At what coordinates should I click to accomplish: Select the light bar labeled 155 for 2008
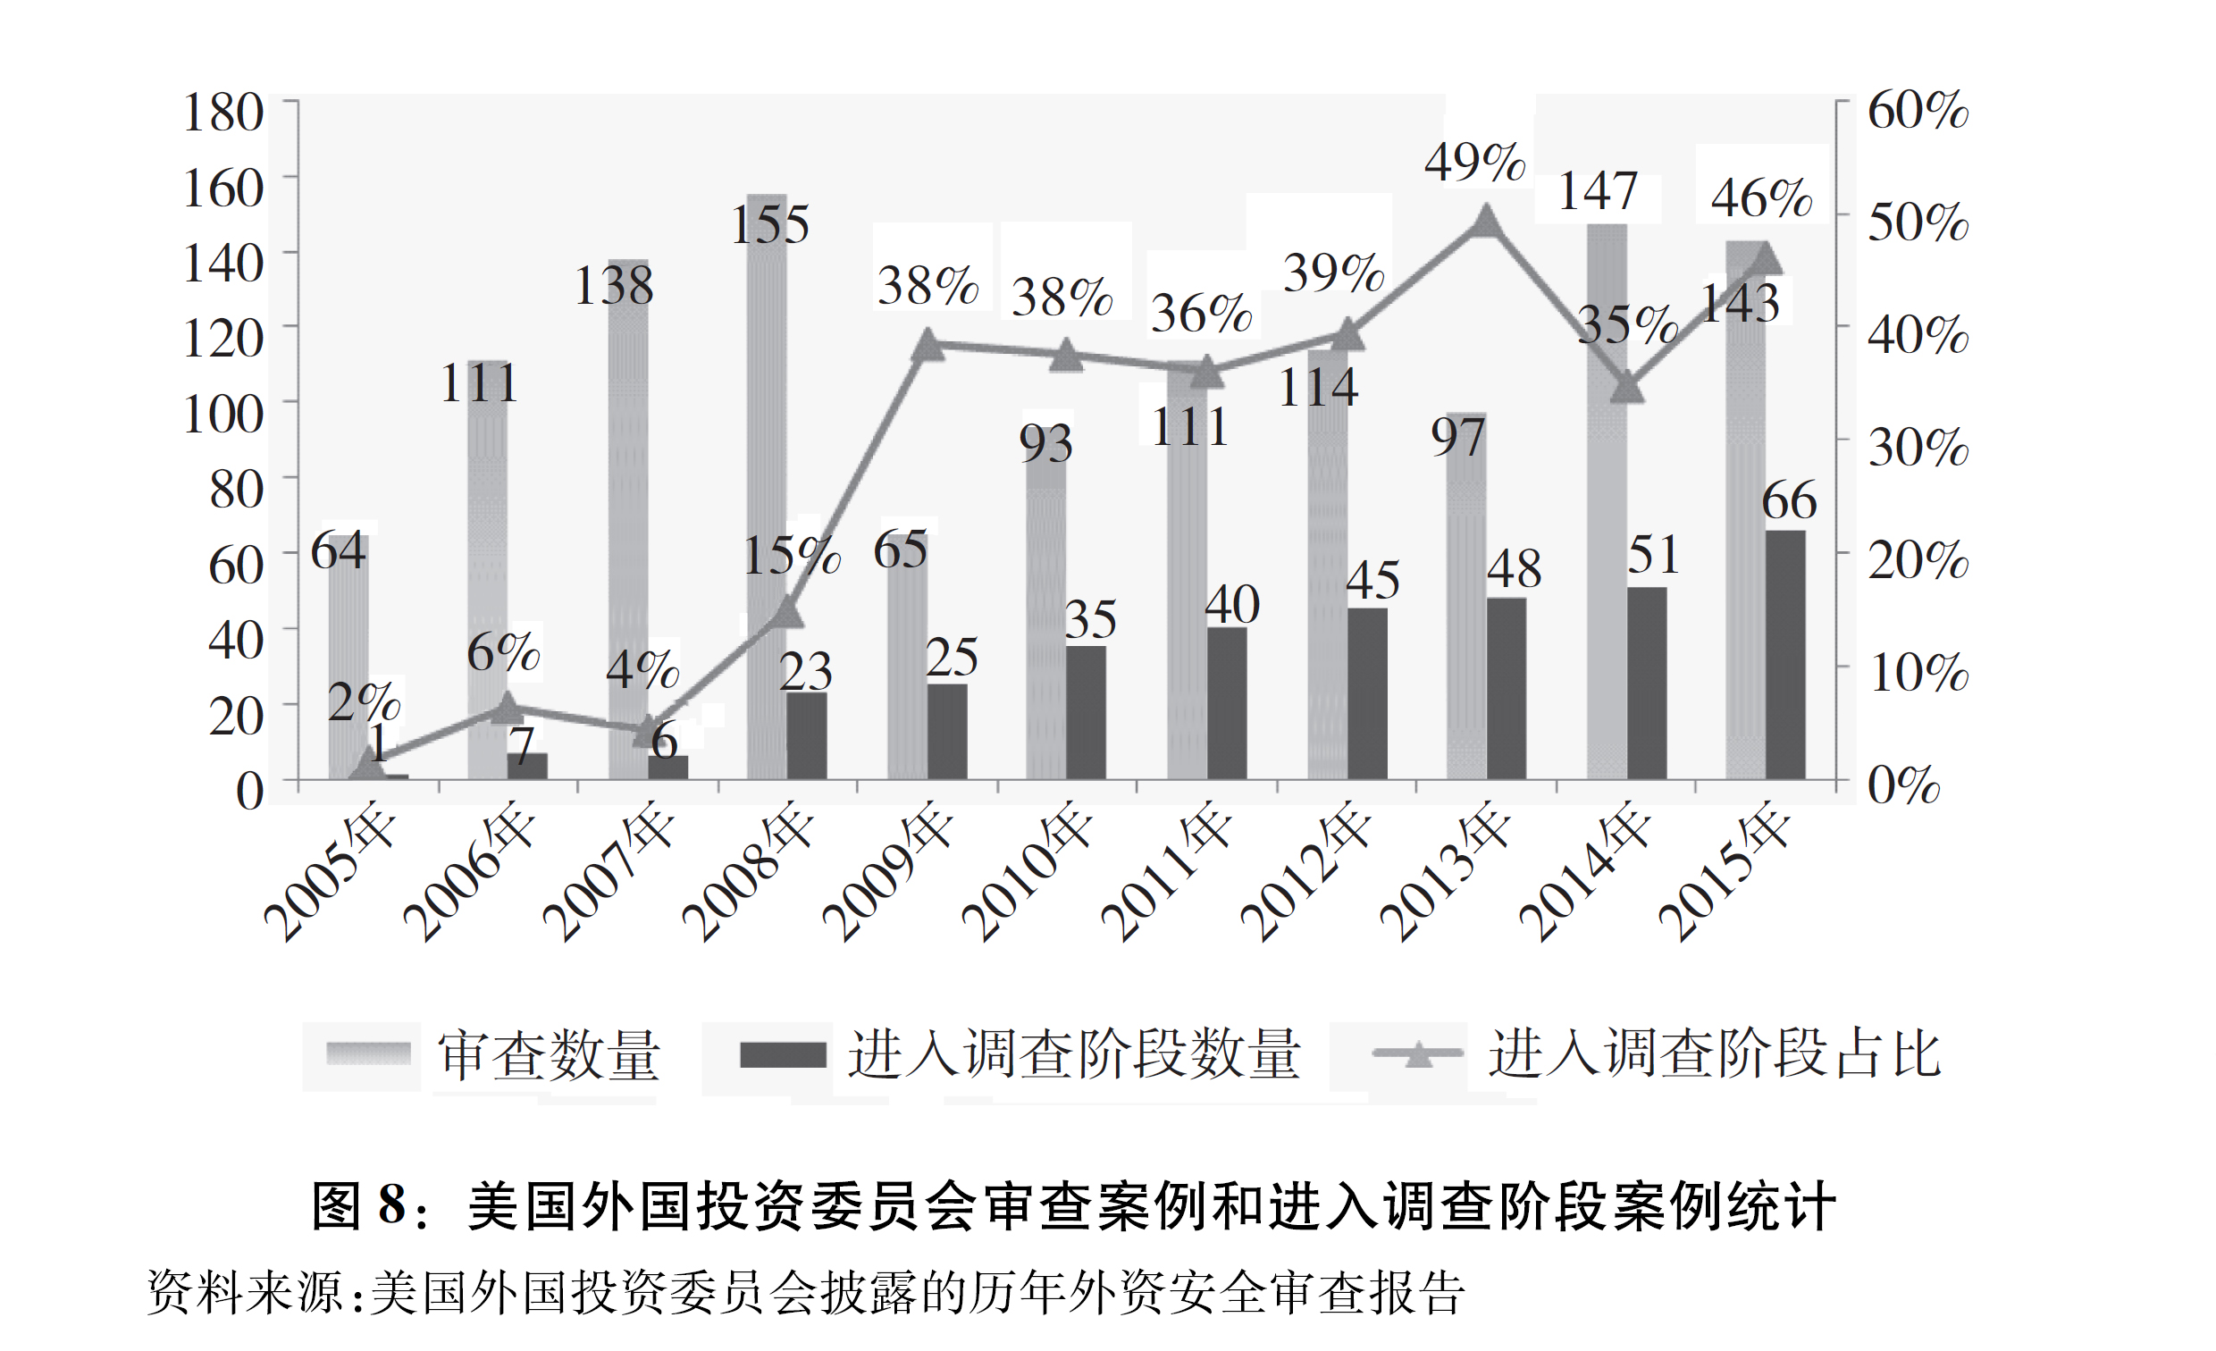767,504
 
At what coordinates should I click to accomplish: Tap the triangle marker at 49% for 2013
1486,221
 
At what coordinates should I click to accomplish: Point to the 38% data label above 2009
928,286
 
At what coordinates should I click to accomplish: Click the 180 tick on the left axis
223,113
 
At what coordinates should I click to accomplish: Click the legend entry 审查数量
549,1054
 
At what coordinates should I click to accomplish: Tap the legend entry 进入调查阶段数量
1074,1054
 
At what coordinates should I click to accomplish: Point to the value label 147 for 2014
1598,191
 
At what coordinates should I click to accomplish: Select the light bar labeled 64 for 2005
348,666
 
